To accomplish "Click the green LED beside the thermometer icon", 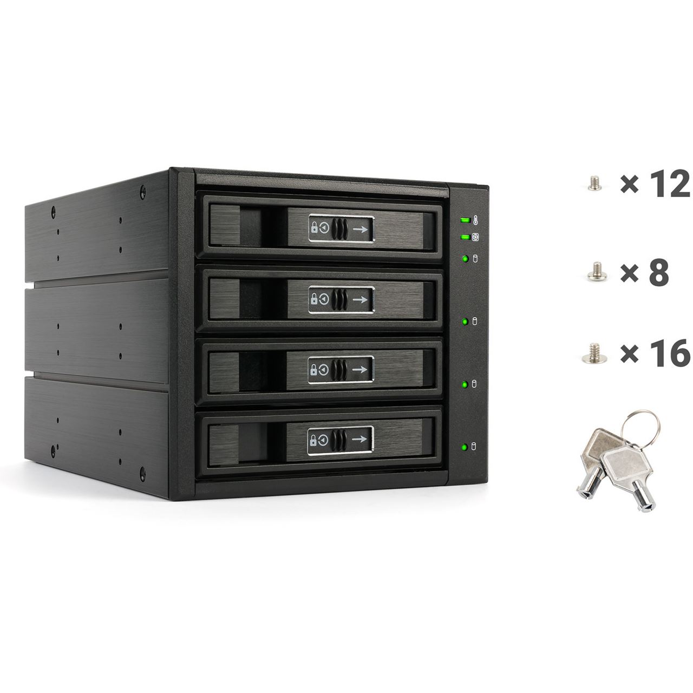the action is click(465, 220).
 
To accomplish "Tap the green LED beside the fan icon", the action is click(465, 237).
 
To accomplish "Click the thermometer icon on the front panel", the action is click(475, 220).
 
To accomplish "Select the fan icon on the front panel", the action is click(475, 237).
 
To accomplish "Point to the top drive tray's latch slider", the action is click(340, 228).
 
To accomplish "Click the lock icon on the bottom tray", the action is click(313, 440).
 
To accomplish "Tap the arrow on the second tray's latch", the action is click(360, 299).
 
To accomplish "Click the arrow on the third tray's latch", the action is click(359, 369).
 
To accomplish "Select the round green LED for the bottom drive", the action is click(465, 447).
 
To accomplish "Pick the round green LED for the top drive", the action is click(466, 258).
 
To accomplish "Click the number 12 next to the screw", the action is click(668, 184).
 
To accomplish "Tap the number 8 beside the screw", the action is click(659, 272).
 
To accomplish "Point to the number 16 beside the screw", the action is click(669, 354).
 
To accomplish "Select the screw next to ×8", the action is click(597, 271).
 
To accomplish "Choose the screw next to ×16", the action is click(594, 353).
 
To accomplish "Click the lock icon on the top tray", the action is click(315, 227).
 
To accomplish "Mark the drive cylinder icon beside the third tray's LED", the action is click(474, 383).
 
